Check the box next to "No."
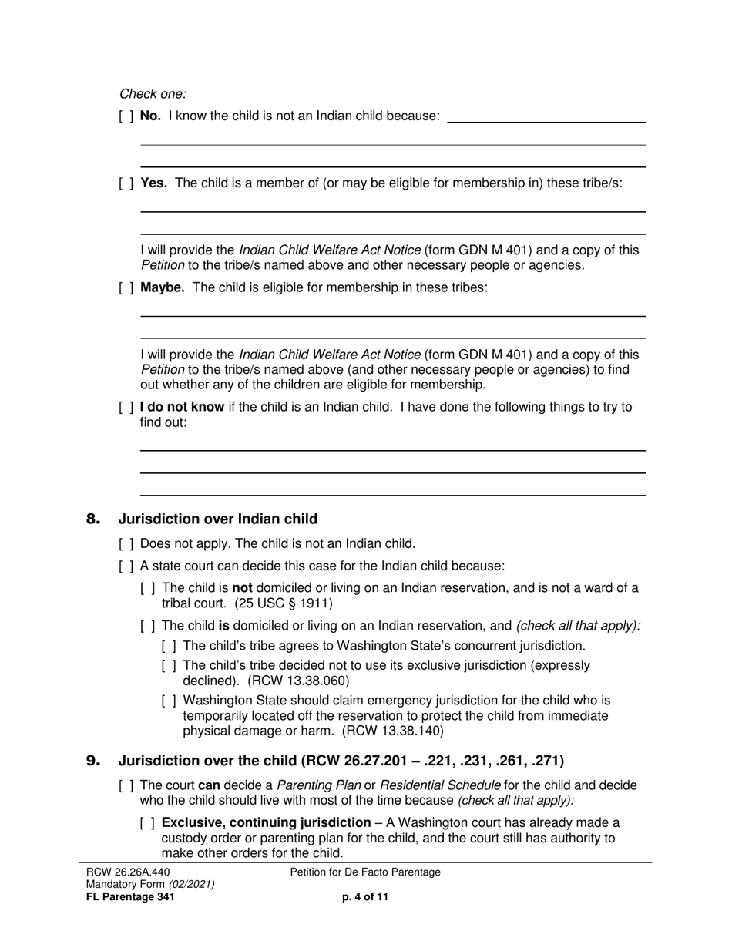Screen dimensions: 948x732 (126, 116)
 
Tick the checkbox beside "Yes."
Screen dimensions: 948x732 (126, 183)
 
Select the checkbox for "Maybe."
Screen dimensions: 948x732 (126, 287)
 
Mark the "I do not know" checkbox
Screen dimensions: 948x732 (126, 407)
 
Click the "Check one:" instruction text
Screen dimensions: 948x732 (153, 94)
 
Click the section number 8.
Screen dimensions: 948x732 (93, 519)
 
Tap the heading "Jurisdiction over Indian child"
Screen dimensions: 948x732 (217, 519)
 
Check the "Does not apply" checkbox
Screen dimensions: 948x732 (126, 543)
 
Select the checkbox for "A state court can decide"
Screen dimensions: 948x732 (126, 566)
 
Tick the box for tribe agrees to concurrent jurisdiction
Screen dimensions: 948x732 (170, 646)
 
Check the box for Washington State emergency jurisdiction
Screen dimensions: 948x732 (170, 701)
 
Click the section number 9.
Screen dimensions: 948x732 (93, 761)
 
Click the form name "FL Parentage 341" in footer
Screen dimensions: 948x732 (130, 896)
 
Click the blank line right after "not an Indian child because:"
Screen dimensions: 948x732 (546, 117)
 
